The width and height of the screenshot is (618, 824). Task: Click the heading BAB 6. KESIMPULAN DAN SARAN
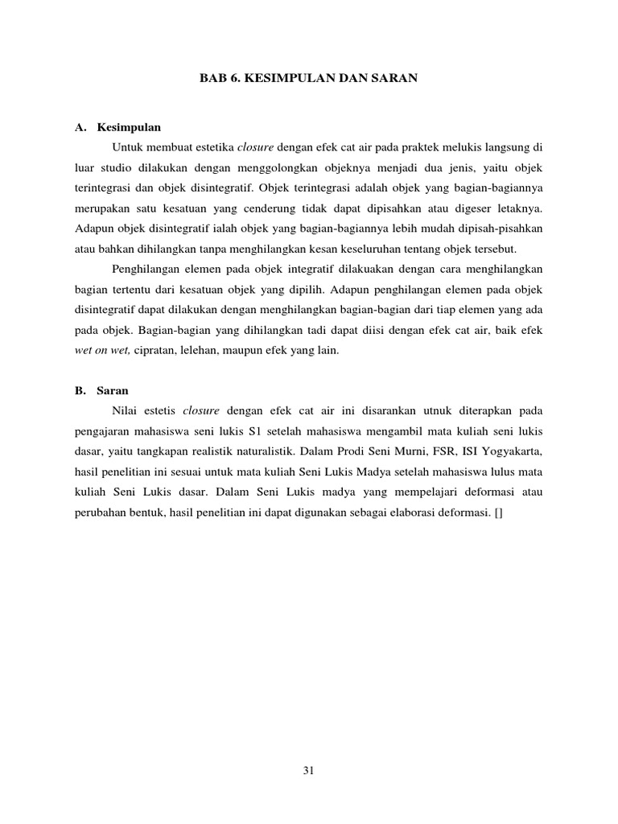309,80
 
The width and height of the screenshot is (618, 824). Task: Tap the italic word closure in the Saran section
201,410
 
